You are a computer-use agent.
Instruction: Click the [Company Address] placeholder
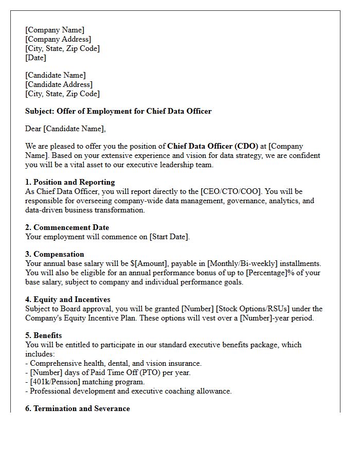58,39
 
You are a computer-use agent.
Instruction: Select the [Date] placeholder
35,58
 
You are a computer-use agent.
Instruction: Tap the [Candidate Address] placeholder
59,84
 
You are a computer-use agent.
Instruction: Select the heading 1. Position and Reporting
70,182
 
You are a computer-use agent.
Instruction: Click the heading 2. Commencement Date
67,227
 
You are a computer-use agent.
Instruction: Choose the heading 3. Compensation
55,254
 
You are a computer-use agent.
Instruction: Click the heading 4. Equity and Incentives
67,299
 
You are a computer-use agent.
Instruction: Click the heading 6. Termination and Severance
77,408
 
